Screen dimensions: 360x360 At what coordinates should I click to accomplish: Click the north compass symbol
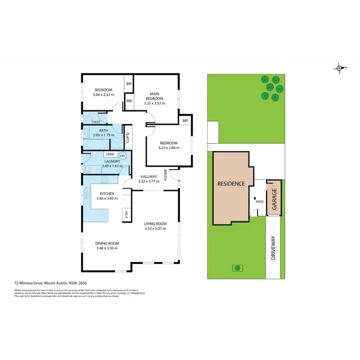point(340,68)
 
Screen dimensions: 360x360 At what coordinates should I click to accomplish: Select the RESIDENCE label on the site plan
point(231,184)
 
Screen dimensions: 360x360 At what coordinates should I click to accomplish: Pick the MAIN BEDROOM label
point(155,96)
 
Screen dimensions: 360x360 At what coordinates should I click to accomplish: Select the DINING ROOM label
point(107,243)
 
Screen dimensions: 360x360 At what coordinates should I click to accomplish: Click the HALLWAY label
point(148,177)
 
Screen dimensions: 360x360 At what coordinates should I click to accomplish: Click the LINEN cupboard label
point(110,154)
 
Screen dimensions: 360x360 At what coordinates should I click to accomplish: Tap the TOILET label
point(96,122)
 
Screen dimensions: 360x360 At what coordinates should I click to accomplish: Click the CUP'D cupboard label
point(128,138)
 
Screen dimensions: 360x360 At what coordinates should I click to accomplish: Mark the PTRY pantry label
point(126,215)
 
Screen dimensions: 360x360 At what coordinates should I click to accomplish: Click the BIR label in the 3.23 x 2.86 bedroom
point(185,120)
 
